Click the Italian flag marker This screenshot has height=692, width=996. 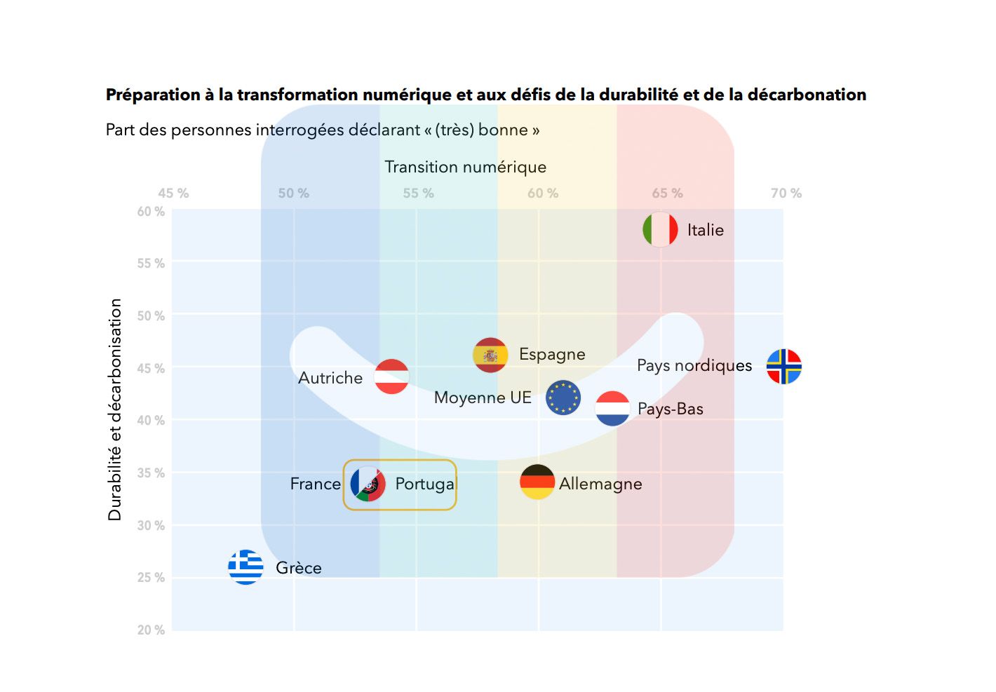[660, 229]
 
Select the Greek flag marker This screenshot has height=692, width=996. [245, 567]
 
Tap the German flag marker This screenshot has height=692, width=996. [537, 482]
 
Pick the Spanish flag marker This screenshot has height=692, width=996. [490, 355]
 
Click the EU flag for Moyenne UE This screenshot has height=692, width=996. [563, 398]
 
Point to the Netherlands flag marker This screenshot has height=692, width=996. [612, 409]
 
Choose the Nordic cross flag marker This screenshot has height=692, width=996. [784, 367]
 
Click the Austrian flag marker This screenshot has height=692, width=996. [391, 376]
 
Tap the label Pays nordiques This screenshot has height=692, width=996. [694, 365]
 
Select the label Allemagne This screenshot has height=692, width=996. [600, 484]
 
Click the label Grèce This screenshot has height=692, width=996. [299, 568]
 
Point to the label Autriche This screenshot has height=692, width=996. [330, 378]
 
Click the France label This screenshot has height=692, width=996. [315, 484]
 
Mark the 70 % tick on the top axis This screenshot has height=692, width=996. [786, 194]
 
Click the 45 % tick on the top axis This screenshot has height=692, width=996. [173, 194]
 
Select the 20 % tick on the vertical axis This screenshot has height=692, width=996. [151, 630]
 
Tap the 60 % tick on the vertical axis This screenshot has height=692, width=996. [151, 212]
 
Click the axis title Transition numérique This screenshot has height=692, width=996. [465, 167]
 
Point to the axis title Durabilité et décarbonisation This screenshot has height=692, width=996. [115, 409]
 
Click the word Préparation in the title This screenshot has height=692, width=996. [153, 95]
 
